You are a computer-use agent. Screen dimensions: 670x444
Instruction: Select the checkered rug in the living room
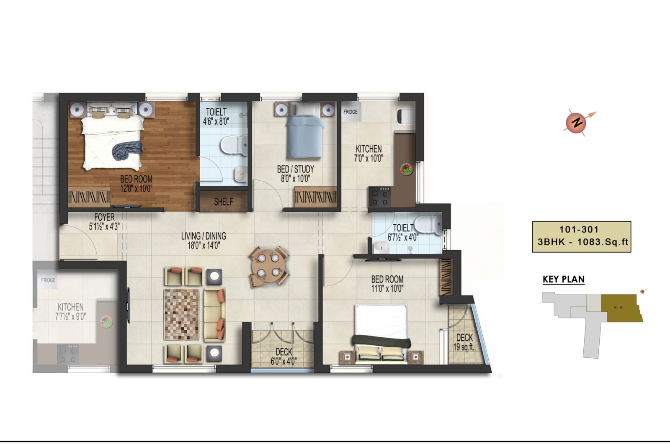tap(181, 314)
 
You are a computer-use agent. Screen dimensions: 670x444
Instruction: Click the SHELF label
tap(224, 202)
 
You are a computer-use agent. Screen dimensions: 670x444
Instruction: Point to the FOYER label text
tap(104, 217)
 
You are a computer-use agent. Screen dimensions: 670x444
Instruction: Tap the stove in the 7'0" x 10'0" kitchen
tap(380, 197)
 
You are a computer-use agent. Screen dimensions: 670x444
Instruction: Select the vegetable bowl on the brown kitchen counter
tap(407, 169)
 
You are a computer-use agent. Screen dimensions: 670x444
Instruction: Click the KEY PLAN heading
tap(564, 279)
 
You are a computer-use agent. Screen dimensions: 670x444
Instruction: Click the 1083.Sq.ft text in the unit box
tap(603, 242)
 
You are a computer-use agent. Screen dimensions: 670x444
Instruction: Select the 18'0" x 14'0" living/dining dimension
tap(204, 246)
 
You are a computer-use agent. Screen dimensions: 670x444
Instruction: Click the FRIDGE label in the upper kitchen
tap(350, 112)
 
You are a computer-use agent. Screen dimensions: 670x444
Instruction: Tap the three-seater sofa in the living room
tap(214, 315)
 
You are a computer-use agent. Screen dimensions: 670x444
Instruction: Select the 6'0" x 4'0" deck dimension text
tap(283, 362)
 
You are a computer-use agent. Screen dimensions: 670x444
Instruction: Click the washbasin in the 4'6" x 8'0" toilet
tap(240, 175)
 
